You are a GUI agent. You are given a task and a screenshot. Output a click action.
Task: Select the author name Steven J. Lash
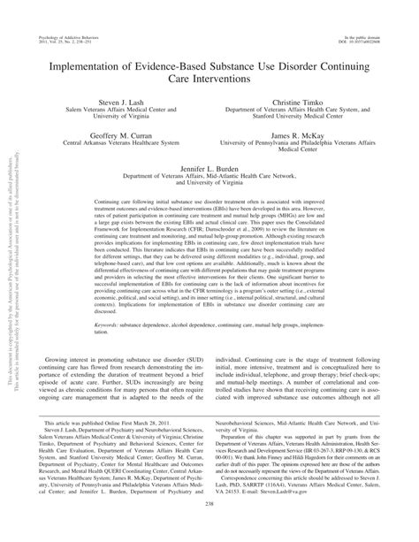coord(120,103)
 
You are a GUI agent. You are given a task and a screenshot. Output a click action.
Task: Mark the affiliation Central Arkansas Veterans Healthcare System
coord(120,146)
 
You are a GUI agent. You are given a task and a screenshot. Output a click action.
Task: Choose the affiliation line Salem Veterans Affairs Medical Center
coord(120,111)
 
